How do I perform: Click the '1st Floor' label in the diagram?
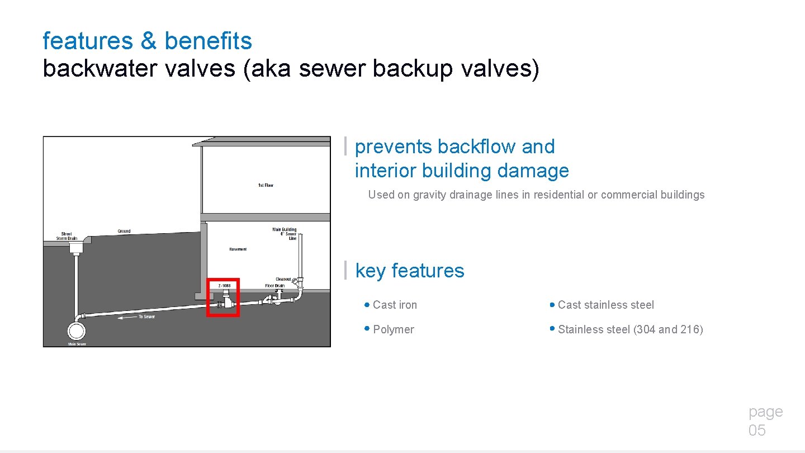(x=266, y=185)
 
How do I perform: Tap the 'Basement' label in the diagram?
(x=238, y=249)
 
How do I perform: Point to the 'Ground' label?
(x=124, y=231)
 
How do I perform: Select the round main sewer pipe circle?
(x=76, y=331)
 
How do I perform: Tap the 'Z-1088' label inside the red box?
(x=224, y=286)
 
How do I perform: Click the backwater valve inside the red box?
(x=225, y=301)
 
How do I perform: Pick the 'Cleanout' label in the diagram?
(x=283, y=279)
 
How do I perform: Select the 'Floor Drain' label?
(x=274, y=286)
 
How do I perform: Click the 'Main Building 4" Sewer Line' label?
(x=285, y=234)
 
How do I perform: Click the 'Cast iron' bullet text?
(x=395, y=305)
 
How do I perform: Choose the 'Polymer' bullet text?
(x=393, y=329)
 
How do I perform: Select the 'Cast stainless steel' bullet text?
(x=605, y=305)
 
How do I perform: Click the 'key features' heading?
(x=410, y=271)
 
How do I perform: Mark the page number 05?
(x=757, y=430)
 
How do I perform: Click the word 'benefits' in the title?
(x=208, y=41)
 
